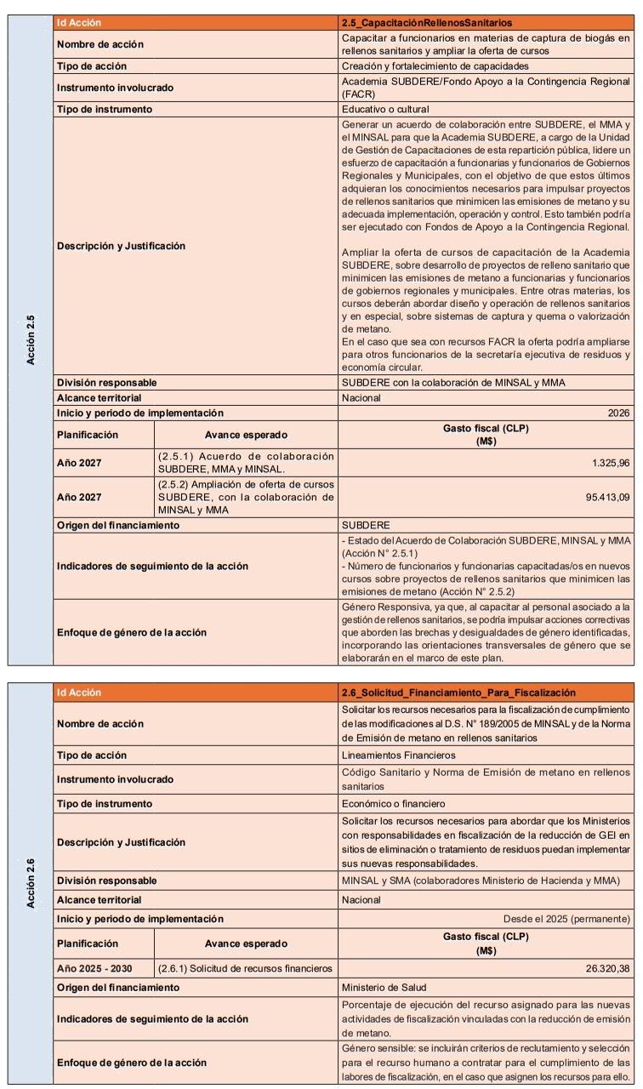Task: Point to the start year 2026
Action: tap(619, 413)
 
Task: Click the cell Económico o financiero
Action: tap(393, 803)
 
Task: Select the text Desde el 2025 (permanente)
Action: tap(566, 919)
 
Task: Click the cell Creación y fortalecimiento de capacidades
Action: tap(435, 66)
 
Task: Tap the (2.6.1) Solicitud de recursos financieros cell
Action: tap(245, 968)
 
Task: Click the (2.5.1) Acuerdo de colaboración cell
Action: tap(245, 463)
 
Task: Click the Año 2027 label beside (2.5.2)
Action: tap(81, 497)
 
